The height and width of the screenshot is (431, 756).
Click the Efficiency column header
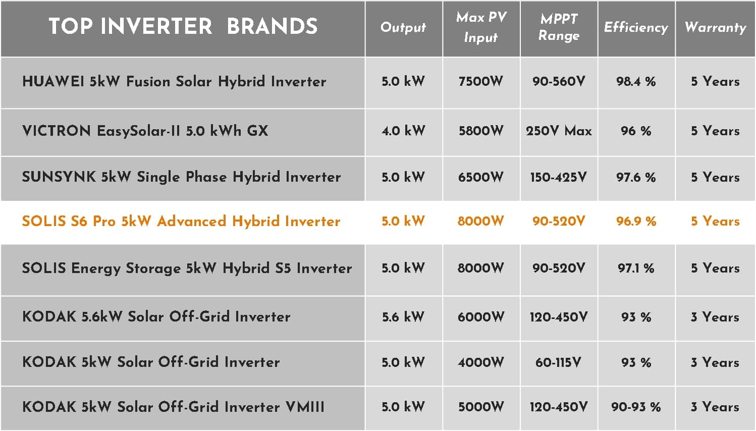point(636,27)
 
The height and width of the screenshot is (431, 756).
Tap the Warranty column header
point(715,27)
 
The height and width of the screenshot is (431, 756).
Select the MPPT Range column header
point(559,27)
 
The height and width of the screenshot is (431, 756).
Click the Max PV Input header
point(481,27)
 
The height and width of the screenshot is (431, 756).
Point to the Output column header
point(403,27)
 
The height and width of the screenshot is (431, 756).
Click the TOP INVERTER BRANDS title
point(183,26)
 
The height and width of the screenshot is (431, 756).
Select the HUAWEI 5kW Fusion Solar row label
point(174,81)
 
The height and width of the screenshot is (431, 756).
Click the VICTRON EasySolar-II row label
point(145,131)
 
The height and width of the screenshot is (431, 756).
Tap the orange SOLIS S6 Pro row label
point(181,221)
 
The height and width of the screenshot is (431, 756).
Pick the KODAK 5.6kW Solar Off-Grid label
point(156,316)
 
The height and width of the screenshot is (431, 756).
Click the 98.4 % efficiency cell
point(636,81)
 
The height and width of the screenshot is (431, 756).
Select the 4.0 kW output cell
point(403,131)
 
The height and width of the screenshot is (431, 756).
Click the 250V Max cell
point(559,131)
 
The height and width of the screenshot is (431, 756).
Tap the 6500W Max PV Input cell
point(481,177)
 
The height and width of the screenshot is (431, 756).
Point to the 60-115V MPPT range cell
point(559,362)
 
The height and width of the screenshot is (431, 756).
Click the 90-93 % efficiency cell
point(636,407)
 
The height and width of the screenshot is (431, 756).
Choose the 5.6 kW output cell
point(403,317)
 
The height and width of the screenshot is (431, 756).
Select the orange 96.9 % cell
point(636,222)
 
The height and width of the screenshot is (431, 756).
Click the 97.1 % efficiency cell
point(636,268)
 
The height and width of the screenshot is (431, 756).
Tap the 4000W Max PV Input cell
point(481,362)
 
